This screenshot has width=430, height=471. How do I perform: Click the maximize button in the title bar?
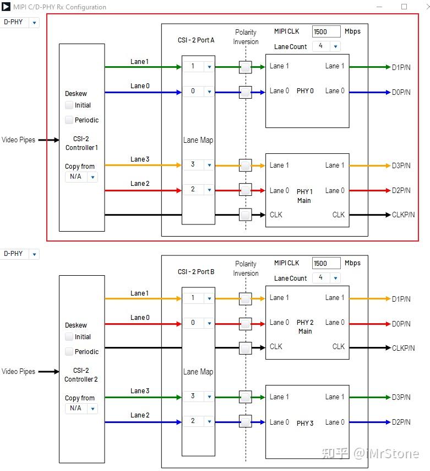404,7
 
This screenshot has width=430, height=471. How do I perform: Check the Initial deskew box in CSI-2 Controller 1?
69,105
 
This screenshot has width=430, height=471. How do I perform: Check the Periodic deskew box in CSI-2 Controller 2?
69,352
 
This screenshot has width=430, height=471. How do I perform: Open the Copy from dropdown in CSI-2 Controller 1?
81,177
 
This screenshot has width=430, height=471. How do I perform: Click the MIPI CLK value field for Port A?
326,31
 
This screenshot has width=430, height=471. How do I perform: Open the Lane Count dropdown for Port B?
326,278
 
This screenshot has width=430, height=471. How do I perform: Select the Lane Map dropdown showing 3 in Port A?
198,165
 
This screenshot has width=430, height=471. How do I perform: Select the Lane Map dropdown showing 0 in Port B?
198,323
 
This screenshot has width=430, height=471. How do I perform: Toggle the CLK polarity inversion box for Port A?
246,215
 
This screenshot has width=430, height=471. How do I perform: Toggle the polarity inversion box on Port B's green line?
246,397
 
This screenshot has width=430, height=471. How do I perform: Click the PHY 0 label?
305,91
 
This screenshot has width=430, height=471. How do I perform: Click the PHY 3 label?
305,423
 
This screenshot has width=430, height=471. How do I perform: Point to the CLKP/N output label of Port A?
403,215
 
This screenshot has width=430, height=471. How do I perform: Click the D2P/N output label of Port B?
401,422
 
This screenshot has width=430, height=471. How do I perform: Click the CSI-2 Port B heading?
196,272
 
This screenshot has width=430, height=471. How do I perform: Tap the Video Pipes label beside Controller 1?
18,140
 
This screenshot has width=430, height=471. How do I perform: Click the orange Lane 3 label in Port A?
140,159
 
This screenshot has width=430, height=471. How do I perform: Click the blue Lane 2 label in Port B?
140,415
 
